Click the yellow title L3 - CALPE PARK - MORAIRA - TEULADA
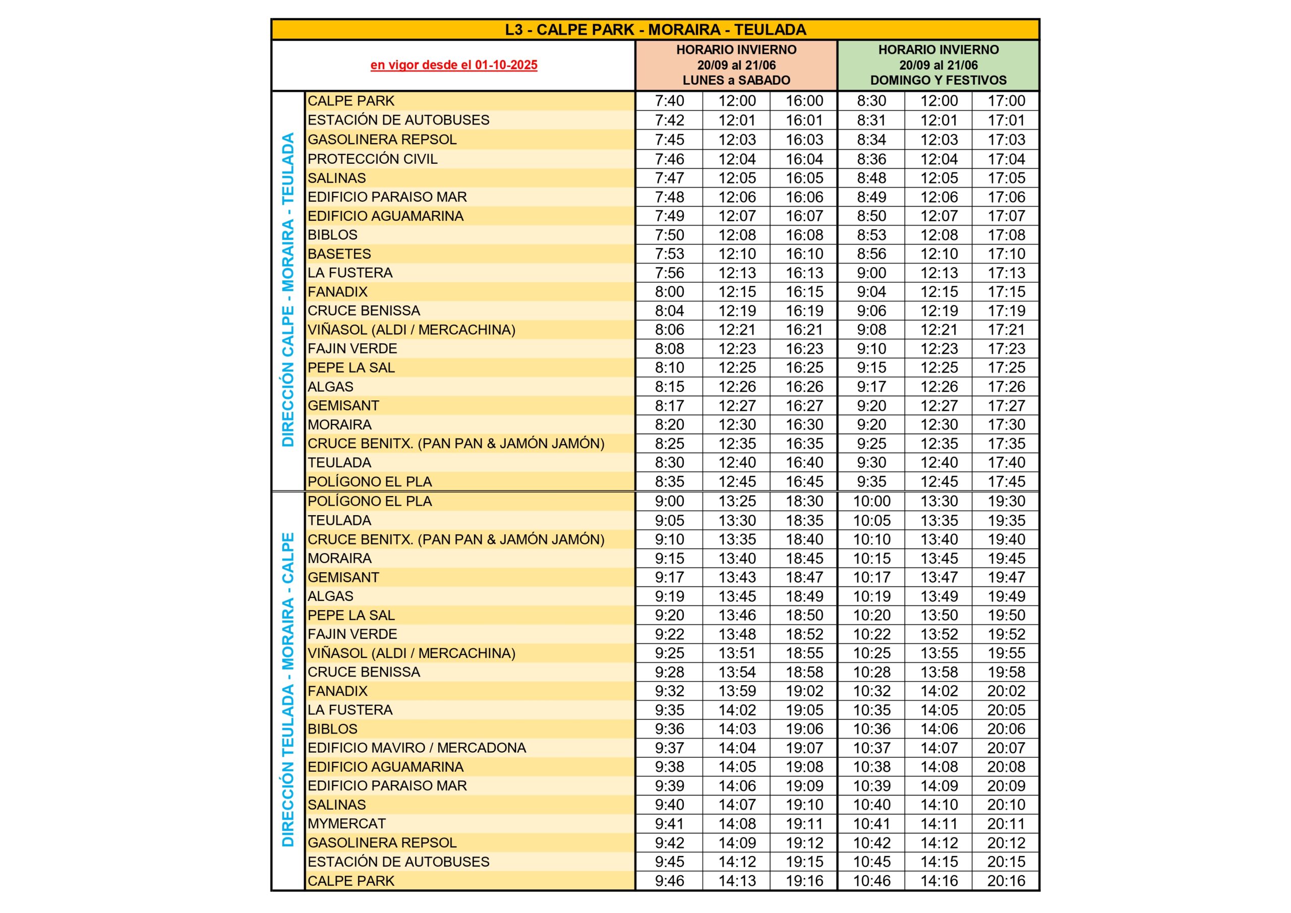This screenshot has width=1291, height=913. (x=655, y=30)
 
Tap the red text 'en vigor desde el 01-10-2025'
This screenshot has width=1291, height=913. (x=454, y=65)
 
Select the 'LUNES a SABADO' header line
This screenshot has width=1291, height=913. (x=736, y=80)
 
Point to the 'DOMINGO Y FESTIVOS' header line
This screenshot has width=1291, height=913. (x=938, y=80)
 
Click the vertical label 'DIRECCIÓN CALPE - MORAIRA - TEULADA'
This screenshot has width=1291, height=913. (x=288, y=290)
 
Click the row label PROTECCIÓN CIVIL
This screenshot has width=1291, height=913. (x=372, y=159)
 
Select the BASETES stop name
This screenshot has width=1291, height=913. (x=339, y=254)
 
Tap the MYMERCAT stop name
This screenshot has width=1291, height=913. (x=346, y=824)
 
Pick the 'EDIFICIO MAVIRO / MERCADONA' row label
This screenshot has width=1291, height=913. (x=417, y=748)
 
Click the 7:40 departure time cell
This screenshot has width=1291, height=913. (x=669, y=101)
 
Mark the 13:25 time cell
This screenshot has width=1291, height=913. (x=737, y=502)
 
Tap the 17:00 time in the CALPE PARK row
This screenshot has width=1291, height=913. (x=1006, y=101)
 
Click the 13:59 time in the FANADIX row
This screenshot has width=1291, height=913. (x=737, y=691)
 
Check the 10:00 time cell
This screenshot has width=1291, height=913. (x=871, y=502)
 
